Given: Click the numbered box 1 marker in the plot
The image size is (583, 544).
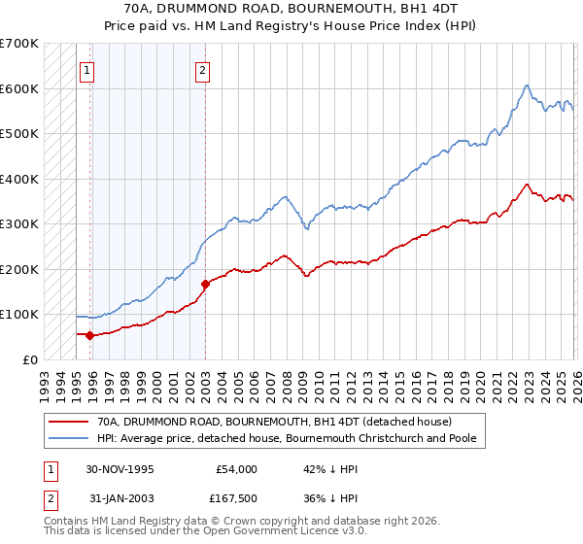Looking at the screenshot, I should point(87,70).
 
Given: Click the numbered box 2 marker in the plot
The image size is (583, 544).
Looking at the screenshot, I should point(202,70).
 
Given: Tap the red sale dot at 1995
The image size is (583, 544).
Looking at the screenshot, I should point(90,335).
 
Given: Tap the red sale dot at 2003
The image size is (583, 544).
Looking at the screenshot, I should point(206,284).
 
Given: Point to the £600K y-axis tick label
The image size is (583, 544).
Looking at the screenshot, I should point(19,88).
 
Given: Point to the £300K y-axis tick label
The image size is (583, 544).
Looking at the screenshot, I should point(19,223).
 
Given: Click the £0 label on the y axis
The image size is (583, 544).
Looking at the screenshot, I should point(30,359).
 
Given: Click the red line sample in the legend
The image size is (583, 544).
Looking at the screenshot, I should point(67,423).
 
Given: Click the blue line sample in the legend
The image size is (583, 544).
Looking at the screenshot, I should point(67,439).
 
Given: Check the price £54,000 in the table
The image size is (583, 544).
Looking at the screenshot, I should point(235,469).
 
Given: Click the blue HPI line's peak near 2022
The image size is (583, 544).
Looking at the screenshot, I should point(526,85).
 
